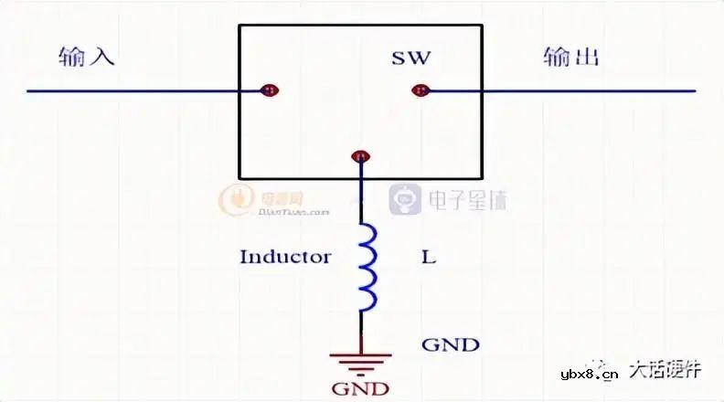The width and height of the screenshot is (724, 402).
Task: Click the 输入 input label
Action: point(85,58)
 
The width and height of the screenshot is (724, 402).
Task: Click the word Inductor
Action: point(284,257)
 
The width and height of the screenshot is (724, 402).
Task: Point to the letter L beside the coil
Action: point(429,257)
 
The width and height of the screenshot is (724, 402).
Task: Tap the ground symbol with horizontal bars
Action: point(361,360)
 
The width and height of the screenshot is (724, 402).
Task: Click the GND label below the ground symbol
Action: point(361,388)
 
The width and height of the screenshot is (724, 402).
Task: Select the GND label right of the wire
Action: point(450,344)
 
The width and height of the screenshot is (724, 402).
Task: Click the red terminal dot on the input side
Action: point(270,90)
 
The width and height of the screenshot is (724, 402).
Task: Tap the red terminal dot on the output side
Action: point(421,90)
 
